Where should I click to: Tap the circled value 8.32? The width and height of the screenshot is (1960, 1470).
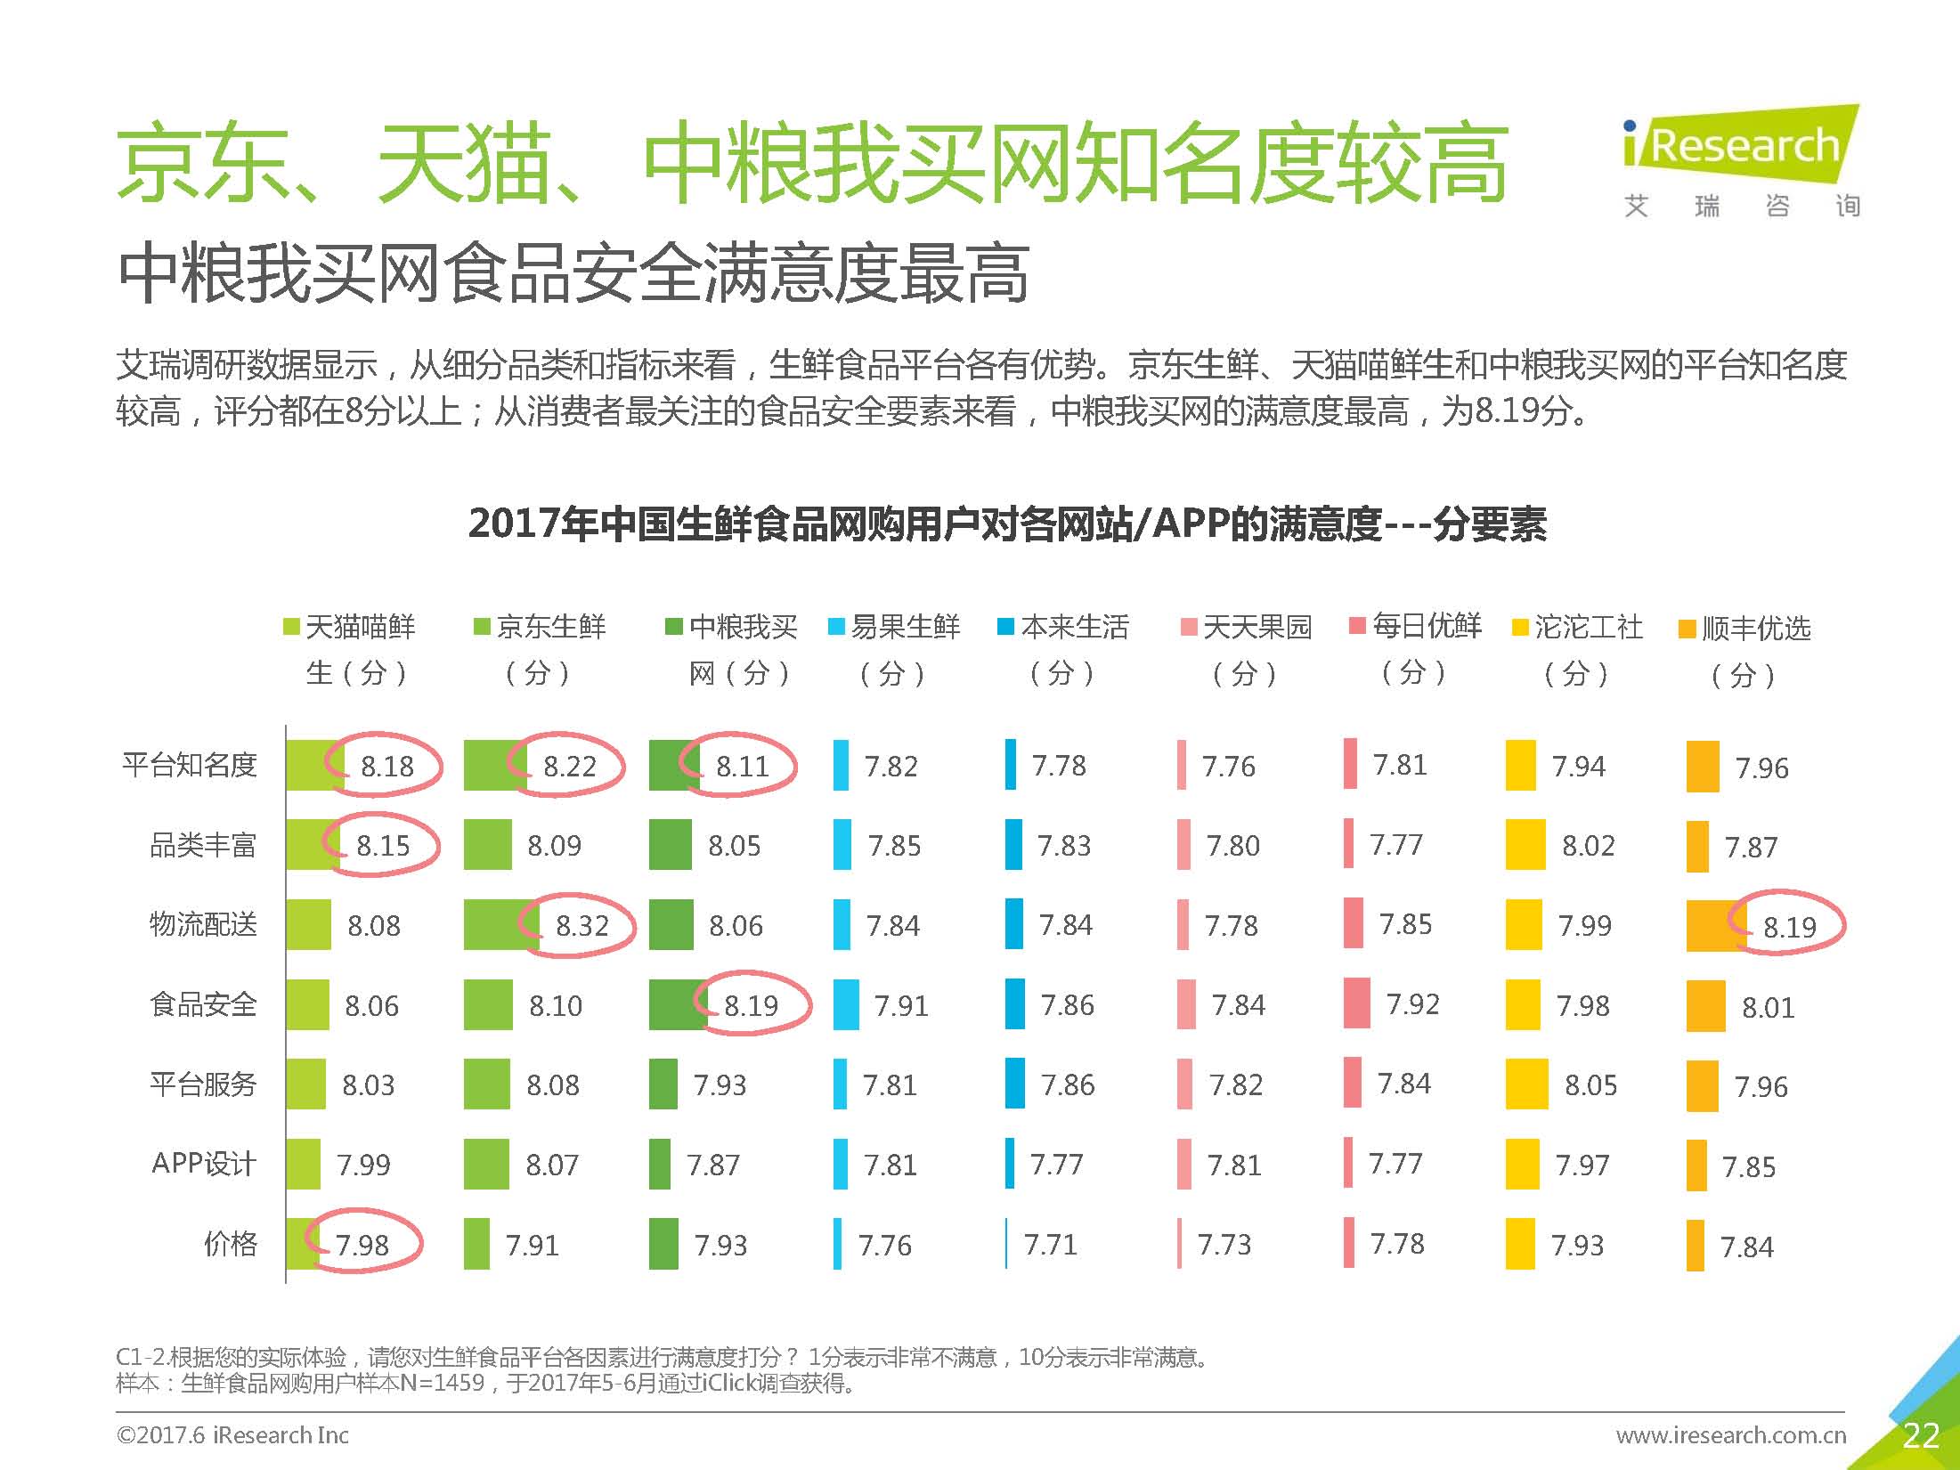coord(581,926)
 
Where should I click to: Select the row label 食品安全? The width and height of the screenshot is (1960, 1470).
coord(203,1004)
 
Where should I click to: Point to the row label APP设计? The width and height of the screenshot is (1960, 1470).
coord(204,1164)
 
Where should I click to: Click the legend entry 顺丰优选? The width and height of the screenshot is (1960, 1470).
coord(1745,629)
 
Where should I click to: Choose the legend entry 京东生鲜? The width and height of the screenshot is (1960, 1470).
coord(541,627)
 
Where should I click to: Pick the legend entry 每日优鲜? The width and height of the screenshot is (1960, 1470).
coord(1416,626)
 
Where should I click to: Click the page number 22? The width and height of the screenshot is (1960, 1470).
coord(1920,1435)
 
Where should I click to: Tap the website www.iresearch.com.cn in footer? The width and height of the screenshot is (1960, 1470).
coord(1730,1435)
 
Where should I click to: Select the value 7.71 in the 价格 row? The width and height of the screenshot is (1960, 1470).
coord(1050,1244)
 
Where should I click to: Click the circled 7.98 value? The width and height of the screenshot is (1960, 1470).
coord(362,1244)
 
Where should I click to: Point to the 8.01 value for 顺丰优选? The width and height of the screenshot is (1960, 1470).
coord(1768,1007)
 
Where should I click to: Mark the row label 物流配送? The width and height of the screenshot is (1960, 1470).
coord(203,925)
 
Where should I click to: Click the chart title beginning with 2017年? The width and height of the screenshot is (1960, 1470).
coord(1007,524)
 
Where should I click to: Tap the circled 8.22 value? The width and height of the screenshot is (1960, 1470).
coord(569,766)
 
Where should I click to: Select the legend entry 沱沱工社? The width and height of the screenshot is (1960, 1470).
coord(1578,628)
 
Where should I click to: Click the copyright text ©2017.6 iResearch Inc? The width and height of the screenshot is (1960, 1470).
coord(232,1435)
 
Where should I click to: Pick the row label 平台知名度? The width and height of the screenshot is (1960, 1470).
coord(190,765)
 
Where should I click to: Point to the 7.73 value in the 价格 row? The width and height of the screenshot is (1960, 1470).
coord(1224,1244)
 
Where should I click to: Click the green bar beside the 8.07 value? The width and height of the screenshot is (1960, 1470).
coord(486,1164)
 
